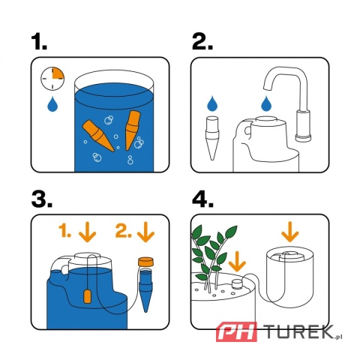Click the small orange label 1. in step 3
click(65, 233)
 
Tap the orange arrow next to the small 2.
click(145, 233)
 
